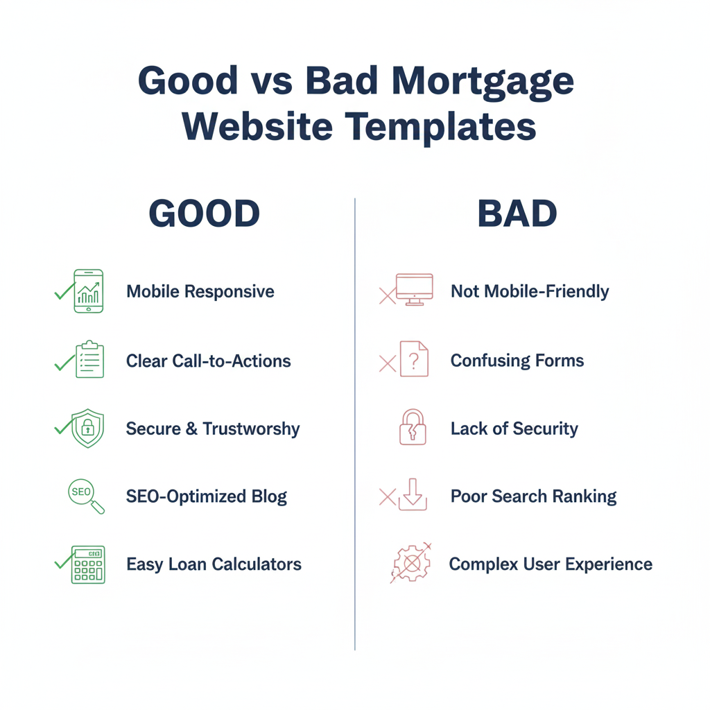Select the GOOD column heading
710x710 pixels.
205,215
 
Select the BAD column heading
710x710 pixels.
517,215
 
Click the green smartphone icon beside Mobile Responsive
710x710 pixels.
88,291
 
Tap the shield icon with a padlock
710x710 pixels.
88,428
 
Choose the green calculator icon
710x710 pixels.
88,564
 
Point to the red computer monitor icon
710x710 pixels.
414,288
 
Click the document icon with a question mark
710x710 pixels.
414,359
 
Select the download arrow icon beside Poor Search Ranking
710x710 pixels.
413,494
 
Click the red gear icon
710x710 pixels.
412,564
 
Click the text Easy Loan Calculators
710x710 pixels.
214,564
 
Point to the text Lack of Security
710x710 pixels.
514,428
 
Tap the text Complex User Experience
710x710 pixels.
551,564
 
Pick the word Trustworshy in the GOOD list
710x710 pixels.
251,428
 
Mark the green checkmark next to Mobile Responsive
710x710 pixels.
63,292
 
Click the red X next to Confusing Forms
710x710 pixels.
387,363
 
